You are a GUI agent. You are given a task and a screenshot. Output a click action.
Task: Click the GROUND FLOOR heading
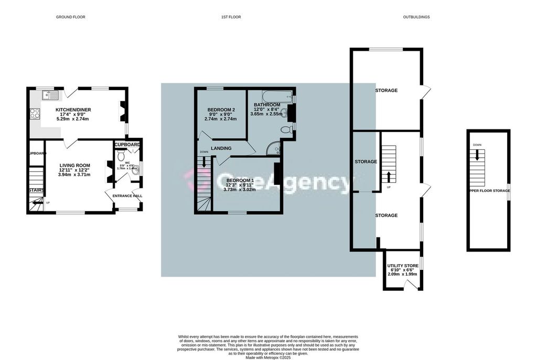(70, 17)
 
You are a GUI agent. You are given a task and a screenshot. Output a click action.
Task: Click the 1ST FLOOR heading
(231, 17)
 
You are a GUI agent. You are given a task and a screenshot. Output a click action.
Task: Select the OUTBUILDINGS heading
(416, 17)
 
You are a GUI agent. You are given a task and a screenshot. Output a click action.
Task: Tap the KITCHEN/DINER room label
(73, 110)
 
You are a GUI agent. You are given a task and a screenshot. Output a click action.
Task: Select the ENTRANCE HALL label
(127, 196)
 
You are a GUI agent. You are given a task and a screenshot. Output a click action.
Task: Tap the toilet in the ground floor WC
(121, 156)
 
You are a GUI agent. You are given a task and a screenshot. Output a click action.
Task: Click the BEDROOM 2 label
(221, 110)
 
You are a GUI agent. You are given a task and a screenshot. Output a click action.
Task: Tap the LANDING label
(221, 148)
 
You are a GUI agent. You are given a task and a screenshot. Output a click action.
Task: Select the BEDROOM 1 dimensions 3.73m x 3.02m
(241, 190)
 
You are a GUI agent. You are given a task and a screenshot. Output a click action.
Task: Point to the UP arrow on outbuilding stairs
(389, 177)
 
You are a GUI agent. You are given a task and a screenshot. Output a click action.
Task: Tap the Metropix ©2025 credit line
(268, 357)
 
